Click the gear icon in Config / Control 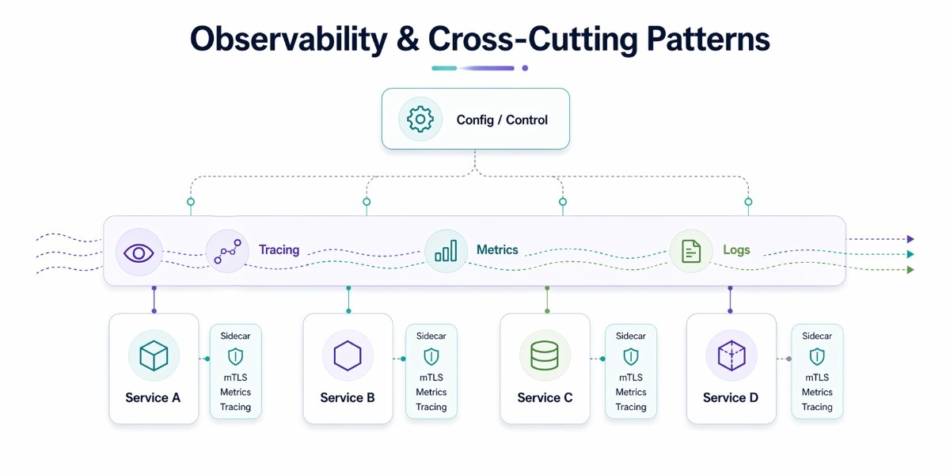click(420, 120)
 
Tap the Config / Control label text click(502, 120)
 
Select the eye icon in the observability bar click(139, 253)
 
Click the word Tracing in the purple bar click(279, 250)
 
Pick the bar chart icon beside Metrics click(446, 252)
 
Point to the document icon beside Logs click(691, 252)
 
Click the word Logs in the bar click(736, 250)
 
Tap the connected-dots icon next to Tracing click(227, 252)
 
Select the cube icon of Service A click(154, 356)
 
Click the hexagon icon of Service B click(348, 356)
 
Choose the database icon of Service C click(545, 356)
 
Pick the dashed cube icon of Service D click(731, 356)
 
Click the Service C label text click(545, 397)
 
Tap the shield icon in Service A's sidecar click(235, 356)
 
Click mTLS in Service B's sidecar click(431, 378)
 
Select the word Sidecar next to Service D click(817, 336)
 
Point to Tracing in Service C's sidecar click(631, 407)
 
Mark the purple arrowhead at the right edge click(911, 239)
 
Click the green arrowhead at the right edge click(911, 270)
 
